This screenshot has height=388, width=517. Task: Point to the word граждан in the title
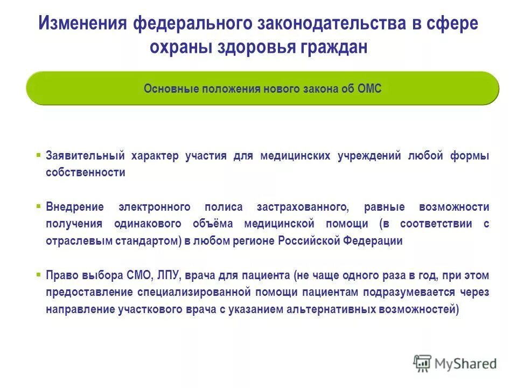tap(334, 47)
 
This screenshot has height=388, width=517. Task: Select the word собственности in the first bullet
tap(86, 172)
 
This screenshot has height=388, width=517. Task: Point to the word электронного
tap(155, 207)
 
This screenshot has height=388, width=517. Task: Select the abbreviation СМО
tap(141, 275)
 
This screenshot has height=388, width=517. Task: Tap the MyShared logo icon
tap(423, 363)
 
